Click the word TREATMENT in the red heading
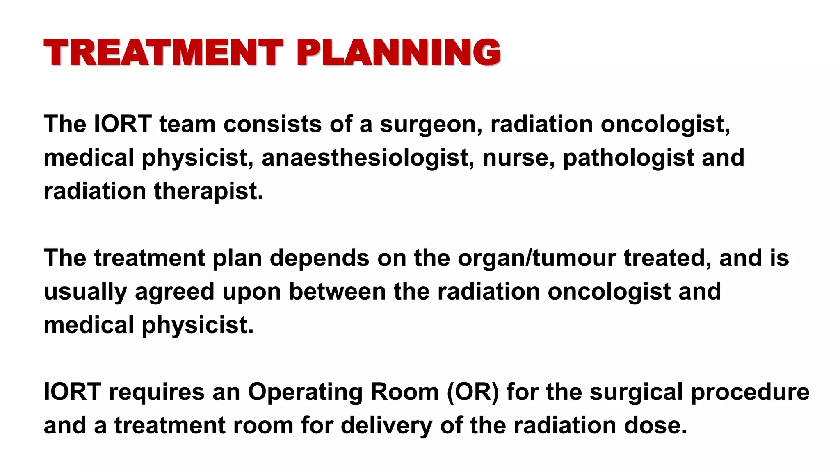coord(163,52)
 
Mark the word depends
coord(320,258)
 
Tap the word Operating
coord(305,392)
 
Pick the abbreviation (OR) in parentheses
coord(473,392)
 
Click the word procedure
coord(750,392)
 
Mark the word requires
coord(157,392)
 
